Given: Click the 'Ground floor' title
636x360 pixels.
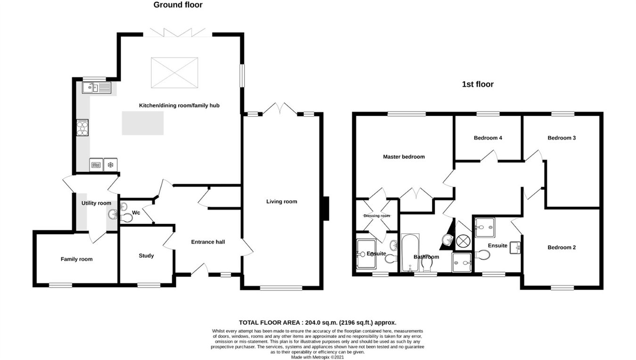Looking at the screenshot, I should coord(178,5).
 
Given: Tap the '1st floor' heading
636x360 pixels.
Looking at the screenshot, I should coord(478,84).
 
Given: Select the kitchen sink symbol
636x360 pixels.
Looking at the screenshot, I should coord(96,88).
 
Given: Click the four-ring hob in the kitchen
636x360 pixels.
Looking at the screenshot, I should coord(82,128).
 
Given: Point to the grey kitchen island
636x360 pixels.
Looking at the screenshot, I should coord(143,123).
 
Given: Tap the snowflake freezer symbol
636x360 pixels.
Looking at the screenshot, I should coord(111,164).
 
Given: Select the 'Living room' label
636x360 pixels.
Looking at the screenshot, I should coord(282,202).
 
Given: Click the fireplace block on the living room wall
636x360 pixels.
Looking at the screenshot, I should coord(326,208).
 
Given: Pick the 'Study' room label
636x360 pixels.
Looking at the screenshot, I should coord(146,256).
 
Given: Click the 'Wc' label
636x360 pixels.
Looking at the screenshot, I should coord(136,213).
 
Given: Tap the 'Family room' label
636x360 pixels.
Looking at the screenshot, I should coord(76,259).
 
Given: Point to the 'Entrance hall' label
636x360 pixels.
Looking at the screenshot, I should coord(208,242).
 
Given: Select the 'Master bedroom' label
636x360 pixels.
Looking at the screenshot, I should coord(404,157).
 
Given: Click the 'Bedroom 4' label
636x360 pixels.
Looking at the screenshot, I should coord(488,138).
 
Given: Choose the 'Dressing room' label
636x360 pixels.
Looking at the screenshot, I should coord(376,216).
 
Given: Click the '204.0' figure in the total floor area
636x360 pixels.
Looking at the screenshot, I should coord(313,323).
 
